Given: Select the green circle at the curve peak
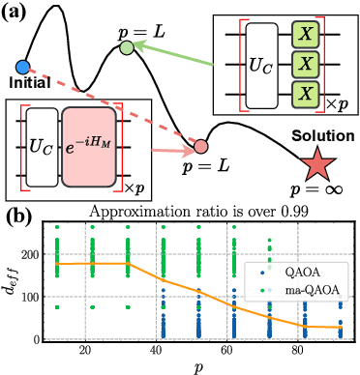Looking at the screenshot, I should point(127,47).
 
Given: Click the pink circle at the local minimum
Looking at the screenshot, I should point(200,147).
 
